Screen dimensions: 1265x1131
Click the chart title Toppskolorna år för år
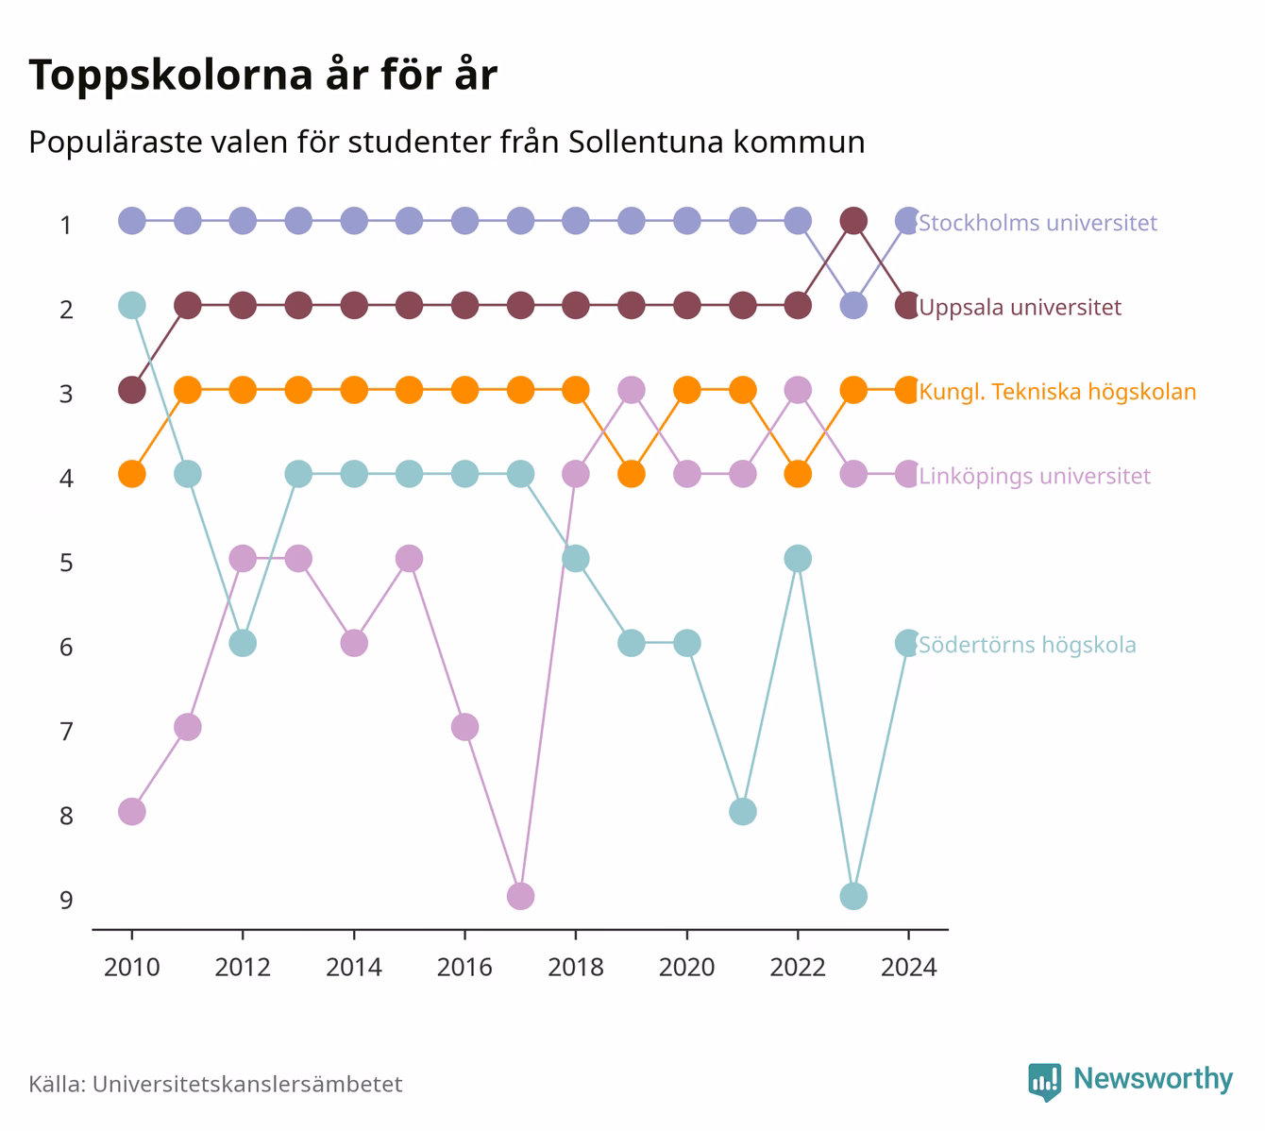262,75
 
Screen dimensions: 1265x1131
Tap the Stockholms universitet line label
1037,222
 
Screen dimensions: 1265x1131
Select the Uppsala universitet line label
1020,307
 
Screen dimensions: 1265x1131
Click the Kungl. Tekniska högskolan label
1057,392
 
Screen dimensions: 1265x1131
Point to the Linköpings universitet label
1034,476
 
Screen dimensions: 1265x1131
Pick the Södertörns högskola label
1027,645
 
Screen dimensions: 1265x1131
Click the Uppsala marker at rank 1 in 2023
853,221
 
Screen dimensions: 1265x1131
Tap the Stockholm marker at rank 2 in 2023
853,305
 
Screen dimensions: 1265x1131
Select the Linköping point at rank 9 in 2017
521,896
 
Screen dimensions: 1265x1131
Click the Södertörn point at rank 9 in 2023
853,896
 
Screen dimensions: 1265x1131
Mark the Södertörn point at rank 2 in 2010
132,305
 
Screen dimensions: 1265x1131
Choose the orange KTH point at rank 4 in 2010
132,474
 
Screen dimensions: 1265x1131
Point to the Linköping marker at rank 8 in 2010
132,812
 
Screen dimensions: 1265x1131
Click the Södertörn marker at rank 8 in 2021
742,812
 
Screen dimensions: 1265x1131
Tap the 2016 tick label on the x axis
464,968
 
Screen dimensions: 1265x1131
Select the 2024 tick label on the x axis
908,968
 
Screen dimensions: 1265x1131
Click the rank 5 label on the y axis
66,563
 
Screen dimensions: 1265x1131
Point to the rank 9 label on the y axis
66,900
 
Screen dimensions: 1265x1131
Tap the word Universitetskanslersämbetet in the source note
247,1084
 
